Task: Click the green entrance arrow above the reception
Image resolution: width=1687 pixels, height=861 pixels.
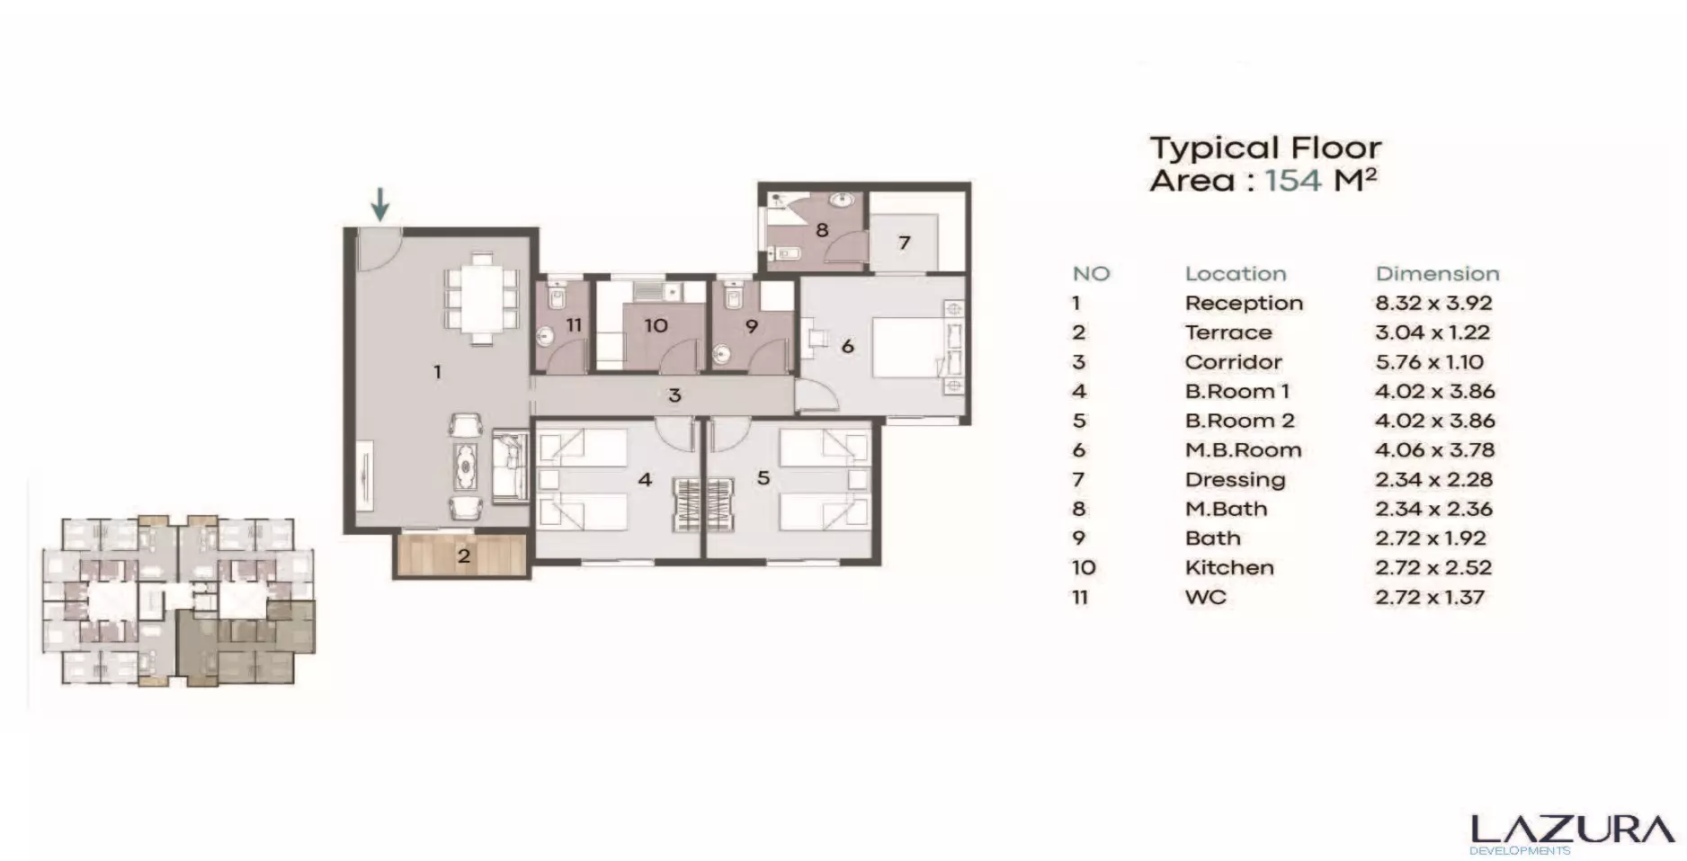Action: [x=380, y=205]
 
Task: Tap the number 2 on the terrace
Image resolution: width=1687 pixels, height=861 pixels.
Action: [x=463, y=556]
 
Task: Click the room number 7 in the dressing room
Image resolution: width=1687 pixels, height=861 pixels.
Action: [x=904, y=243]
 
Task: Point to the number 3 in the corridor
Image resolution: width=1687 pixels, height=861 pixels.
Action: [x=674, y=395]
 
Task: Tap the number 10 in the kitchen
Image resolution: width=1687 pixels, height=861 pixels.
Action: [x=656, y=325]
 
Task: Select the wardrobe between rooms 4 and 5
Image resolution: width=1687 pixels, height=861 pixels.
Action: [x=704, y=504]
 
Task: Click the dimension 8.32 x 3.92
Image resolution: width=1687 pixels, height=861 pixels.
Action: [x=1433, y=304]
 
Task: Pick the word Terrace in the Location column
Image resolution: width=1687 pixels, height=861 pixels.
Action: [x=1227, y=333]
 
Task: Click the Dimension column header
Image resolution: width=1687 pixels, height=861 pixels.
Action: [x=1436, y=274]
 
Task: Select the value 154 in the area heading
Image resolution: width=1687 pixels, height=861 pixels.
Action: [x=1292, y=181]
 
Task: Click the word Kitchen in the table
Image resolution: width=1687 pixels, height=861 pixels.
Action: [x=1228, y=568]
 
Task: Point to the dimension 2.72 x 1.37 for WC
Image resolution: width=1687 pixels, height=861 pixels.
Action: [x=1429, y=598]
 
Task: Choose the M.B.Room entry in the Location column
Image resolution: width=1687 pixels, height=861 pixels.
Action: [x=1242, y=450]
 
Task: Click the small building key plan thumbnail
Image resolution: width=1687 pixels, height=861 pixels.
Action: [x=178, y=601]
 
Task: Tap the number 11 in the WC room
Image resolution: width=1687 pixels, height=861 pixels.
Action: [x=574, y=325]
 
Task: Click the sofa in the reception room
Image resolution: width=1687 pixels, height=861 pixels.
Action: [x=509, y=465]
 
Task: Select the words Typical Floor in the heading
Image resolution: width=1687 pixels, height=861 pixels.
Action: [x=1264, y=148]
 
